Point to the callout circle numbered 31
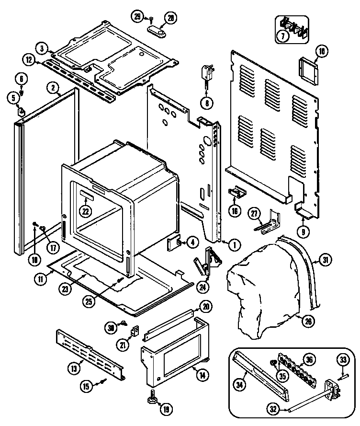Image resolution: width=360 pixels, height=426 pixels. point(326,260)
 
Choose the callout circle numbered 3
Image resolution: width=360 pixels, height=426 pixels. point(43,48)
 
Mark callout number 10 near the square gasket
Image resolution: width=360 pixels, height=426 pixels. point(321,51)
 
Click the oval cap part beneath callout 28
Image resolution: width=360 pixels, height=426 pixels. point(159,33)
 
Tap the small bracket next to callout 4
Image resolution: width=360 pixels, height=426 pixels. point(173,243)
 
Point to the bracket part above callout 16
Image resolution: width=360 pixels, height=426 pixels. point(236,191)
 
